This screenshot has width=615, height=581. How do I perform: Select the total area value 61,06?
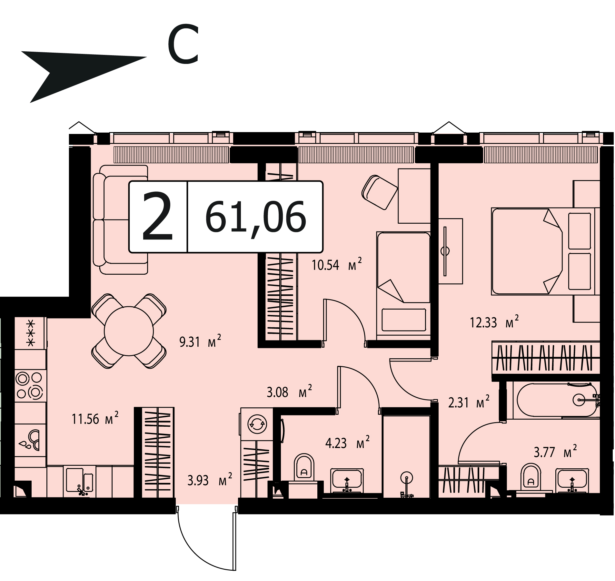(x=255, y=217)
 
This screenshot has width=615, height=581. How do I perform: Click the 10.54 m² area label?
(x=336, y=264)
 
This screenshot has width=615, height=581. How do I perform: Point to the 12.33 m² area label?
(x=494, y=322)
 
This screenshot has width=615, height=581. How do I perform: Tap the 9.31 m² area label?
(x=200, y=341)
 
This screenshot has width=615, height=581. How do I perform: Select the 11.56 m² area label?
(x=95, y=419)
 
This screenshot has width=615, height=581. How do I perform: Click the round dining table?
(x=129, y=331)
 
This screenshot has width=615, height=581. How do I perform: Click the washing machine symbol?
(x=257, y=423)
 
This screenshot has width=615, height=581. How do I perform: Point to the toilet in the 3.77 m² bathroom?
(x=531, y=480)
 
